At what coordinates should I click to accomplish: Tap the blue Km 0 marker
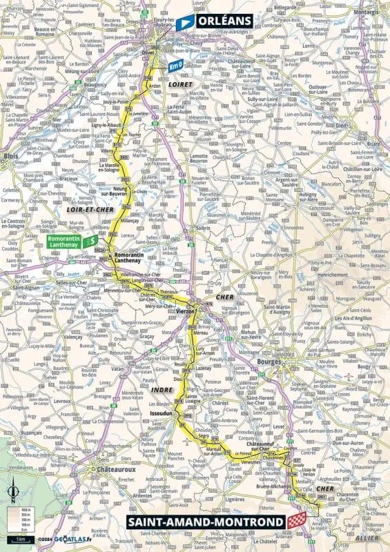(177, 66)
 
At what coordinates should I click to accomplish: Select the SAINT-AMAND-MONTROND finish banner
(205, 522)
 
